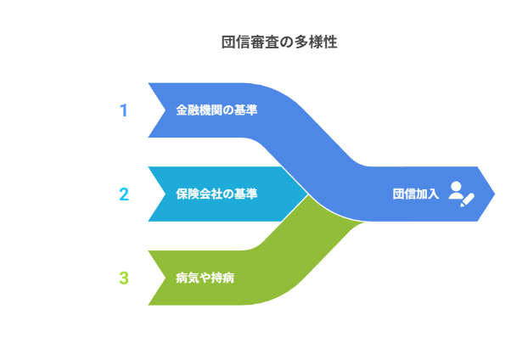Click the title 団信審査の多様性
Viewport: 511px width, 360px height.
(x=279, y=42)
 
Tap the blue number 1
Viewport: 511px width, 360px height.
(x=123, y=110)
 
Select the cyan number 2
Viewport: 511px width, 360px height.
(x=123, y=194)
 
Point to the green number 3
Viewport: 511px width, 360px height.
(x=123, y=278)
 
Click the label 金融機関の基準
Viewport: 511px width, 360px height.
(x=216, y=110)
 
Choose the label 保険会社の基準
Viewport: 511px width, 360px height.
(x=216, y=194)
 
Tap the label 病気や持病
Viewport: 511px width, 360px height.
(x=205, y=278)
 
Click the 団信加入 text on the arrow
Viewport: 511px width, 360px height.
(x=416, y=194)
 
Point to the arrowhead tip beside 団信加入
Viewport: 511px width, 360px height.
(x=494, y=194)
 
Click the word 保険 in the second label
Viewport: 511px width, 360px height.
(x=187, y=194)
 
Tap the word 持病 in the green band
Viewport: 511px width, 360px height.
(x=223, y=278)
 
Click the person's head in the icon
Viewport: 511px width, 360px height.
(x=457, y=187)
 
